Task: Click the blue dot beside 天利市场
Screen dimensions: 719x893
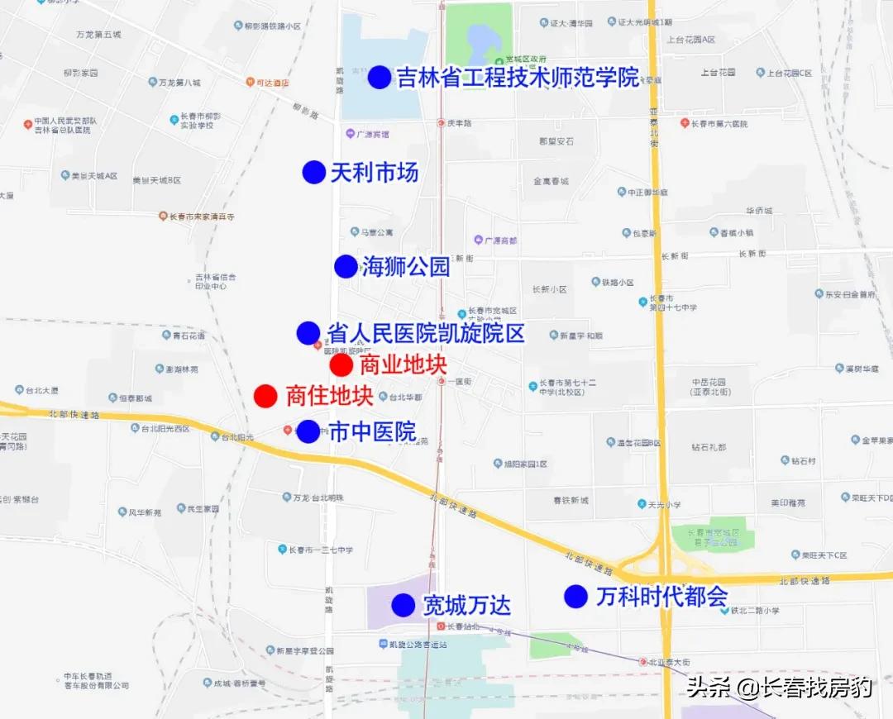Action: tap(313, 172)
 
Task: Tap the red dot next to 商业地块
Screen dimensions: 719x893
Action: tap(341, 365)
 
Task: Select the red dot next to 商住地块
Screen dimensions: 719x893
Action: tap(265, 396)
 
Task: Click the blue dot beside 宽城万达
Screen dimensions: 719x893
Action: tap(404, 605)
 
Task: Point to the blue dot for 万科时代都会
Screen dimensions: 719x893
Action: tap(575, 596)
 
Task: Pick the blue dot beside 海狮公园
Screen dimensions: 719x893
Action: tap(346, 266)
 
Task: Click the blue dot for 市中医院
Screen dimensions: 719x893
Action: tap(308, 431)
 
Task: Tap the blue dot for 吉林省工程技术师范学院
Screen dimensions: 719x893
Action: tap(380, 78)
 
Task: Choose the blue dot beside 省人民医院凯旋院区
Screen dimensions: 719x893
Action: tap(308, 333)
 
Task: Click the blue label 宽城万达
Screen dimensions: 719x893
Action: tap(466, 606)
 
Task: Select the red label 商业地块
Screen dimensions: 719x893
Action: tap(403, 365)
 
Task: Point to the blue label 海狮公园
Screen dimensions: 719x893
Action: tap(405, 266)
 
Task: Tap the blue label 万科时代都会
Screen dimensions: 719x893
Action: tap(661, 597)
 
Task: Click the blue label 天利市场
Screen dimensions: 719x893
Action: tap(374, 172)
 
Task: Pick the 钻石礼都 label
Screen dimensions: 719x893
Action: tap(709, 447)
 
